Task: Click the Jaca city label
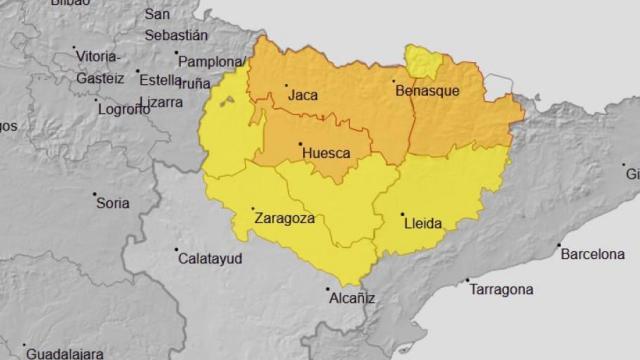click(303, 97)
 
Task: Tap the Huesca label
click(325, 153)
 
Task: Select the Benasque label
click(428, 91)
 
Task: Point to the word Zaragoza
click(285, 218)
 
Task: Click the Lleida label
click(422, 223)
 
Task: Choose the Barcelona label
click(592, 255)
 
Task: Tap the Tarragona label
click(499, 290)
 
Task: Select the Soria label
click(113, 203)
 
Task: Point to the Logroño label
click(123, 110)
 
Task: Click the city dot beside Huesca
click(300, 144)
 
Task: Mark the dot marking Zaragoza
click(251, 210)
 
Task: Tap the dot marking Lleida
click(402, 215)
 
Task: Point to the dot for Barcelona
click(560, 246)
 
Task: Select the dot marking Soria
click(95, 194)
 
